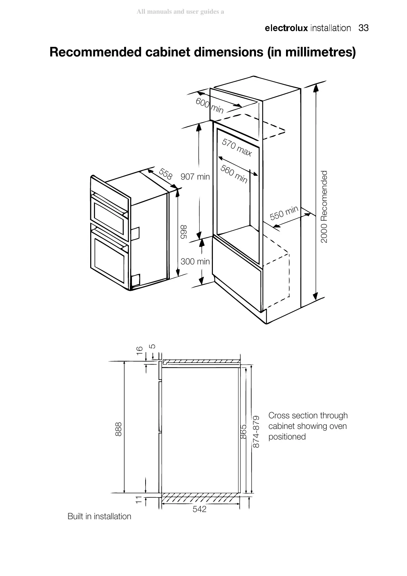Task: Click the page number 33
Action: pyautogui.click(x=363, y=28)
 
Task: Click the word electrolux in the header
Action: pyautogui.click(x=286, y=28)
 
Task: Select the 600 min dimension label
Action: pyautogui.click(x=209, y=105)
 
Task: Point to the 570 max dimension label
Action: pyautogui.click(x=237, y=147)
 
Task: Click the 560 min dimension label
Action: pyautogui.click(x=234, y=174)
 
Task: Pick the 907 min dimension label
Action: pyautogui.click(x=195, y=177)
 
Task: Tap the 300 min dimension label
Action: pyautogui.click(x=195, y=262)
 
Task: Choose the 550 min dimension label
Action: pyautogui.click(x=284, y=213)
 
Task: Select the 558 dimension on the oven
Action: pyautogui.click(x=166, y=174)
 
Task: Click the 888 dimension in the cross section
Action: pyautogui.click(x=118, y=429)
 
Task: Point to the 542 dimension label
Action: pyautogui.click(x=200, y=509)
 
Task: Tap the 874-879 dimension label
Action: pyautogui.click(x=256, y=431)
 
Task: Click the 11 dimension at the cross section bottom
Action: pyautogui.click(x=138, y=499)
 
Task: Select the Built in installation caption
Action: pyautogui.click(x=99, y=516)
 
